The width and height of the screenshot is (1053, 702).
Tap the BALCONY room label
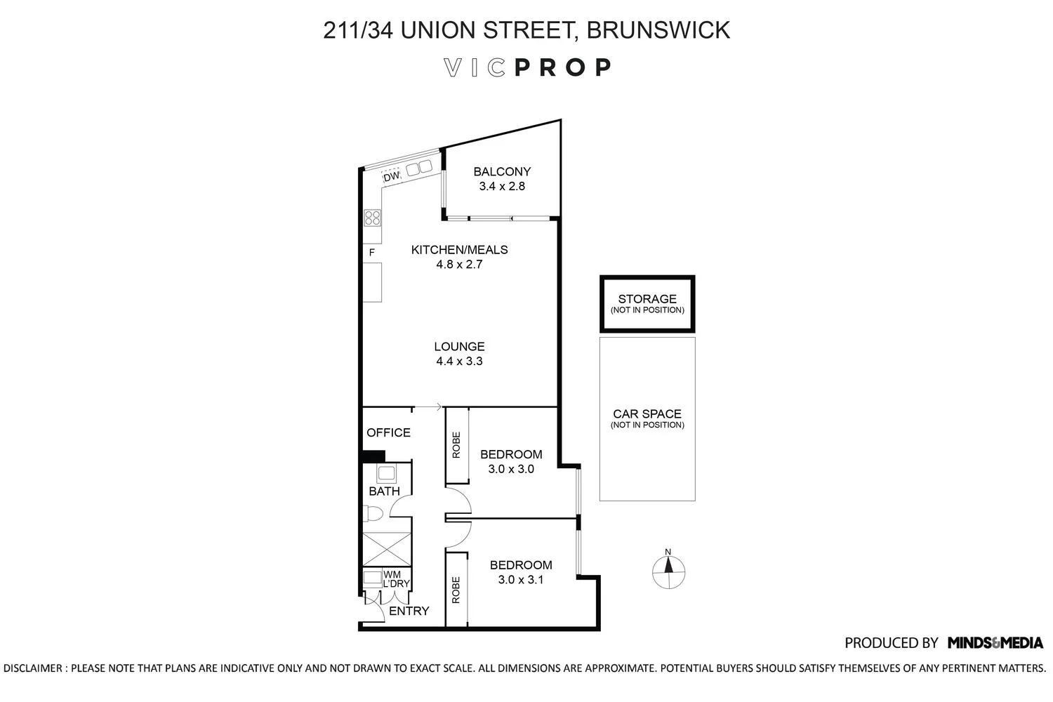pos(502,171)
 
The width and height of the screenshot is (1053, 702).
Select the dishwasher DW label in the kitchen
pos(391,176)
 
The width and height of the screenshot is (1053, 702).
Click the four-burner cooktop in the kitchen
pos(372,218)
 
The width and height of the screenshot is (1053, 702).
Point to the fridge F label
pos(372,252)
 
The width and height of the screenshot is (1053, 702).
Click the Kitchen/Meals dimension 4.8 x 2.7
pos(459,265)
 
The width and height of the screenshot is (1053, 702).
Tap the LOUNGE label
pos(459,346)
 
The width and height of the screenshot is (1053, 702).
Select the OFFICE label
pos(388,432)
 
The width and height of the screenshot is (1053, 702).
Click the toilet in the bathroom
pos(373,515)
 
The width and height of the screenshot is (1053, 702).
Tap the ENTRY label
pos(409,611)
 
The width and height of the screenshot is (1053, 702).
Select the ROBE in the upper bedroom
pos(456,445)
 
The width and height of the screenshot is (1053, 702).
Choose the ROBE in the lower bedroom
pos(456,590)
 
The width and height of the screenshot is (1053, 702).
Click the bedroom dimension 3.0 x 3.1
pos(520,580)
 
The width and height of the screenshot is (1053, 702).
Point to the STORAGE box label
pos(647,299)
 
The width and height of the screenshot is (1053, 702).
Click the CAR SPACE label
pos(647,414)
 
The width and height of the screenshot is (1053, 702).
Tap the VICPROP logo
pos(528,67)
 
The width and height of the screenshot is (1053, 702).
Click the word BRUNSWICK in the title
pos(658,30)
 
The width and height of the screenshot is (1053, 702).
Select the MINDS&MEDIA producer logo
pos(995,642)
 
